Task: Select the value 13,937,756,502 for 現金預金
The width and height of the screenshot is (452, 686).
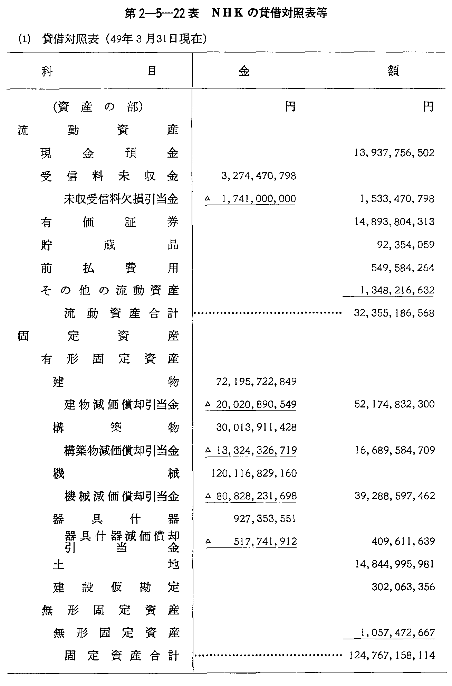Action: click(394, 153)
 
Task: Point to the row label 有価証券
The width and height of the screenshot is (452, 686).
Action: click(109, 222)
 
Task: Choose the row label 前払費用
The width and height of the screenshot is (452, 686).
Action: click(109, 268)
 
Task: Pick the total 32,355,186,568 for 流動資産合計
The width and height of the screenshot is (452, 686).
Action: click(394, 313)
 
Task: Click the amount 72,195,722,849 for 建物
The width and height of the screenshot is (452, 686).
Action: click(256, 382)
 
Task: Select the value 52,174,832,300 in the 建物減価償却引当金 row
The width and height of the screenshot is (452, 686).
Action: click(394, 404)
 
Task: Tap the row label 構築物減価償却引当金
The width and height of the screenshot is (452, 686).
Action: click(121, 450)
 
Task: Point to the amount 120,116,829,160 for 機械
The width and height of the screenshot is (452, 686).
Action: click(253, 473)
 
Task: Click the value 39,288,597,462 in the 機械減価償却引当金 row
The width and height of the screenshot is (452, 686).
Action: click(394, 496)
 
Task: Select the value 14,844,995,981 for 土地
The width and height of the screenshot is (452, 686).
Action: click(394, 564)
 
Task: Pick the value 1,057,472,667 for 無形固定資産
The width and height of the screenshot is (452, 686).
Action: click(397, 632)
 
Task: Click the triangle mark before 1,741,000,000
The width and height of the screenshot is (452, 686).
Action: click(207, 199)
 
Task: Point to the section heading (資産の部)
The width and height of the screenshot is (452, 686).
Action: click(98, 107)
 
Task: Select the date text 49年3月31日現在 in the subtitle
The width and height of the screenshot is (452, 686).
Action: click(154, 39)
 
